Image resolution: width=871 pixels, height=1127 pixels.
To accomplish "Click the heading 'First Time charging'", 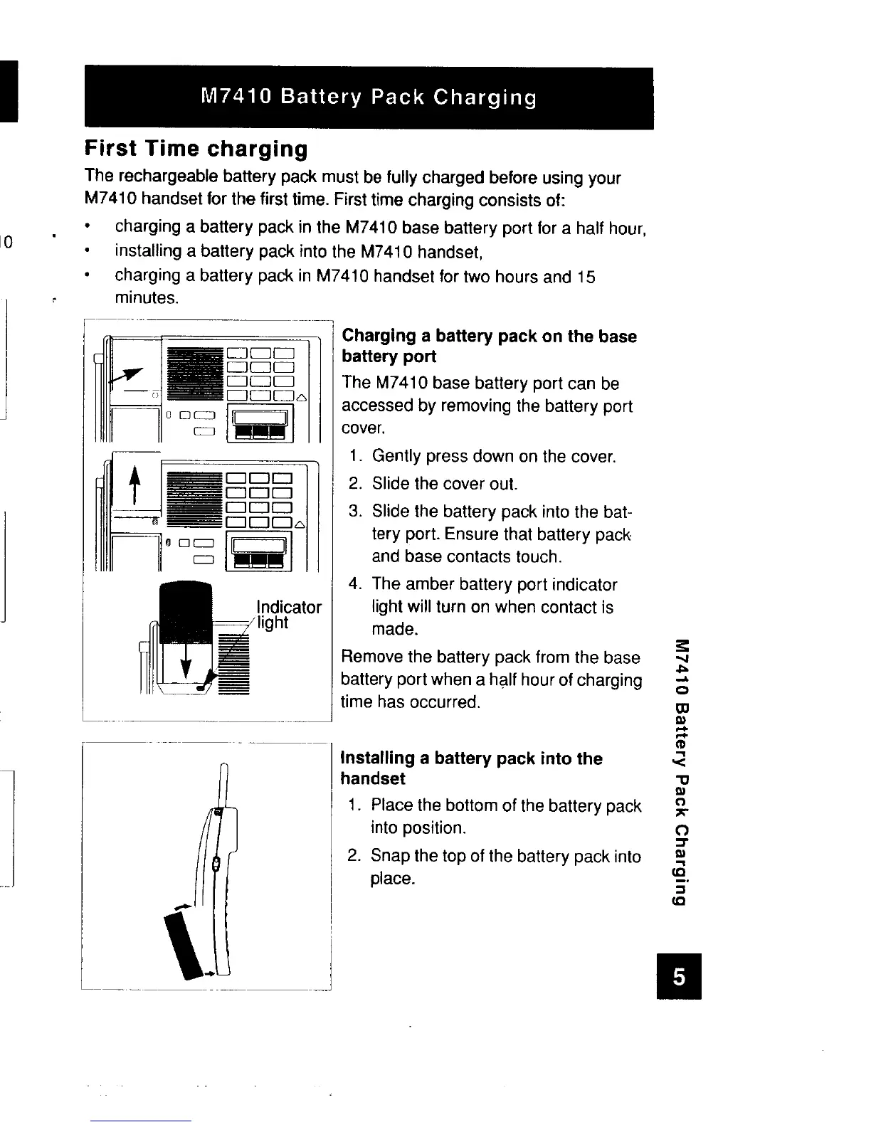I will pyautogui.click(x=196, y=149).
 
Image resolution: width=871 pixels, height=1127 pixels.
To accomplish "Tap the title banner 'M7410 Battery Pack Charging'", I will pyautogui.click(x=369, y=97).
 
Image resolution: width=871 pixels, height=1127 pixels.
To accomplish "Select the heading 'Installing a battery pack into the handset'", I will pyautogui.click(x=472, y=768).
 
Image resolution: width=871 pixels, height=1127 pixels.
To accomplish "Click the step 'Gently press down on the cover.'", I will pyautogui.click(x=493, y=455).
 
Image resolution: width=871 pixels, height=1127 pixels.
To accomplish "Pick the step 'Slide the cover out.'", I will pyautogui.click(x=444, y=484).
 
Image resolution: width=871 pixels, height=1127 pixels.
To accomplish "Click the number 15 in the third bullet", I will pyautogui.click(x=586, y=276).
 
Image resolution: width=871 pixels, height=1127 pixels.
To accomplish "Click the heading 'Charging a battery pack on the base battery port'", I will pyautogui.click(x=489, y=346).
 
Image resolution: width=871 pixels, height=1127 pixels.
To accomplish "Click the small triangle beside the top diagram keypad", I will pyautogui.click(x=301, y=397).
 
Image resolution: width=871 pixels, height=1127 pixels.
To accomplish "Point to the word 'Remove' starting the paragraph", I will pyautogui.click(x=372, y=657).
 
